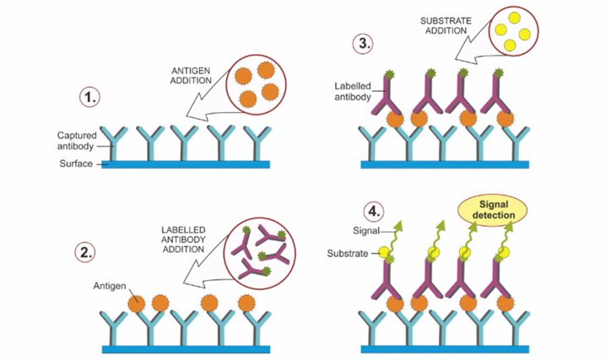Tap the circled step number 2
tap(90, 252)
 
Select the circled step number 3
tap(365, 44)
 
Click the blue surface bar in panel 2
tap(186, 347)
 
